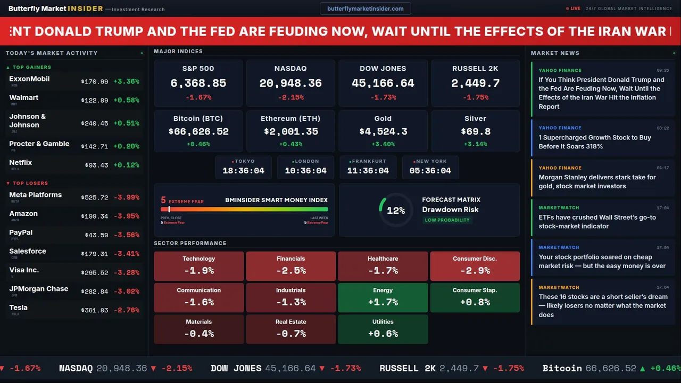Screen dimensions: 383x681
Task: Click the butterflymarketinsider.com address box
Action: click(366, 9)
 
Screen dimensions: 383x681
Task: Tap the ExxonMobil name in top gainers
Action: click(29, 79)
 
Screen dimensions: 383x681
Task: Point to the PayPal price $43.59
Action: click(96, 235)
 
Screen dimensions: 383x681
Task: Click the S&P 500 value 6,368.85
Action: click(198, 84)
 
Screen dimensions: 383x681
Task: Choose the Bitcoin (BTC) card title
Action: click(198, 119)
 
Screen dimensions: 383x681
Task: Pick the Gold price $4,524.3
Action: click(383, 131)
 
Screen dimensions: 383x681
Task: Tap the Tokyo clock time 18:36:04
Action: click(243, 171)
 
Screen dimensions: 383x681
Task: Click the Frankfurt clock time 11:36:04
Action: click(368, 171)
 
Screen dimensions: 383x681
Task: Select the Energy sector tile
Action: click(383, 297)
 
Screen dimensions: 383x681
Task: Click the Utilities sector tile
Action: click(383, 329)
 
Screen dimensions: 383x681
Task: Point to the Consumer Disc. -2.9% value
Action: click(475, 270)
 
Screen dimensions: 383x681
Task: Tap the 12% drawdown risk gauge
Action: click(395, 210)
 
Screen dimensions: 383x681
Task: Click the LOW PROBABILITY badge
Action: click(447, 220)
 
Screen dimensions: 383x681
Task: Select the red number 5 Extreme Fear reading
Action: click(163, 201)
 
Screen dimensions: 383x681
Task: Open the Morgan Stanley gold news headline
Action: click(597, 181)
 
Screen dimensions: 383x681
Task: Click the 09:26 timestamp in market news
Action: click(662, 70)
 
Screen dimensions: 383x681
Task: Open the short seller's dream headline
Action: click(602, 306)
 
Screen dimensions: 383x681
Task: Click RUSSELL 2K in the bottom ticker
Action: click(407, 368)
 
